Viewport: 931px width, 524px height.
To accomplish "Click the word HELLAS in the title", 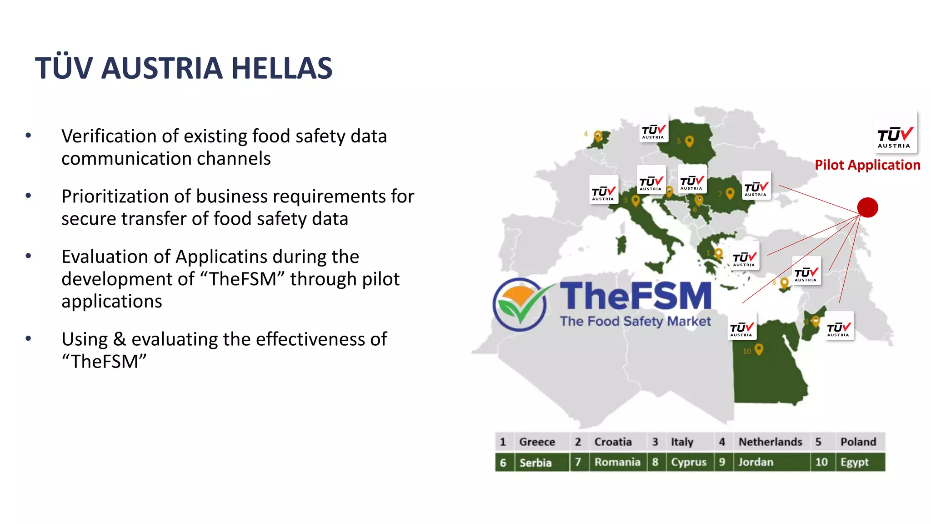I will click(282, 68).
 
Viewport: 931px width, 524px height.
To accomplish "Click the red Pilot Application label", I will click(867, 165).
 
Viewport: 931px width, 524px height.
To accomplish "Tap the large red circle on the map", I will click(867, 207).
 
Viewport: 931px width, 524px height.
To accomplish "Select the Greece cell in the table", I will click(537, 442).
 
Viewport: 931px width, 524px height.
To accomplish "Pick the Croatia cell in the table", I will click(613, 442).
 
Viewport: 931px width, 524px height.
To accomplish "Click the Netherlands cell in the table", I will click(770, 442).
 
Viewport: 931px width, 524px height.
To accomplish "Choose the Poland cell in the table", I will click(858, 442).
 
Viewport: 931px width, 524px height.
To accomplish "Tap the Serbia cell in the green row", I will click(536, 463).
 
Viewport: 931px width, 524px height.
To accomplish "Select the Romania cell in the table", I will click(617, 462).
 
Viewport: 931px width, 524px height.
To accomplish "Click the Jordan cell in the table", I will click(756, 462).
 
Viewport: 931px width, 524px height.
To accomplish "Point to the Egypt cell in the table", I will click(854, 462).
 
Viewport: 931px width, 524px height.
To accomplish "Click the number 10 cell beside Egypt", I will click(821, 462).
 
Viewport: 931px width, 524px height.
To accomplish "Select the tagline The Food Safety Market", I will click(635, 321).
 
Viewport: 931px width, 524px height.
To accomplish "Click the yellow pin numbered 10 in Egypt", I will click(758, 349).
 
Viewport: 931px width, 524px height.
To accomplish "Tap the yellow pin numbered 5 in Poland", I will click(689, 141).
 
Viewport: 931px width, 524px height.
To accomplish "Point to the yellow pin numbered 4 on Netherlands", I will click(598, 136).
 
